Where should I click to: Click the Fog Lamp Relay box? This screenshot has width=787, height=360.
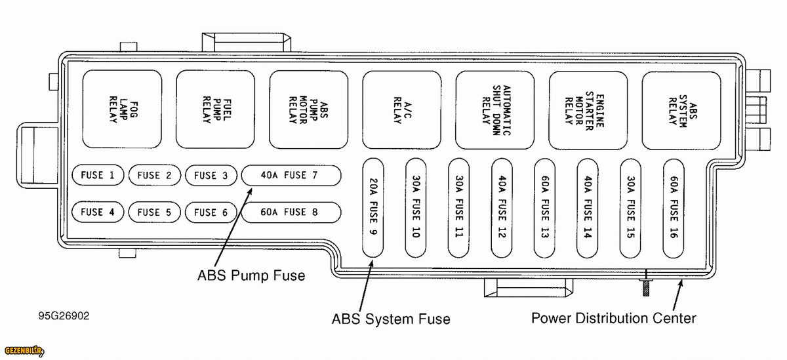tap(122, 109)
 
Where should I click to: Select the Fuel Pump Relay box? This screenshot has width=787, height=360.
tap(215, 109)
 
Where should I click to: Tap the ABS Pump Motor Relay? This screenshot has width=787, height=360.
tap(308, 109)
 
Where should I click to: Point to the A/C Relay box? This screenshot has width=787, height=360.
tap(401, 109)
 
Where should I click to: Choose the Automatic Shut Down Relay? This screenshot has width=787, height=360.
tap(495, 109)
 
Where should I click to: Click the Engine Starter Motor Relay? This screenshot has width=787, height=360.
tap(588, 109)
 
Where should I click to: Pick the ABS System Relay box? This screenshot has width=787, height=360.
tap(681, 109)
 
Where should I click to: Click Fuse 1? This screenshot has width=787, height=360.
tap(98, 175)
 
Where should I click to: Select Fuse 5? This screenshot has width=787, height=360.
tap(154, 212)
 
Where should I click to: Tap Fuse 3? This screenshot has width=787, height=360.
tap(211, 175)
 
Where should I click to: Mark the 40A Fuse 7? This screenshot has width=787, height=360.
tap(291, 175)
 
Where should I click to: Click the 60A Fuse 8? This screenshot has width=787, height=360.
tap(291, 212)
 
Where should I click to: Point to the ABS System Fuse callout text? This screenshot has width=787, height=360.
tap(391, 319)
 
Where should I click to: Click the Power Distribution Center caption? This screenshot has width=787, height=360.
tap(613, 319)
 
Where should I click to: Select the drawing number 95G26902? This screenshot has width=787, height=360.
tap(64, 316)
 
